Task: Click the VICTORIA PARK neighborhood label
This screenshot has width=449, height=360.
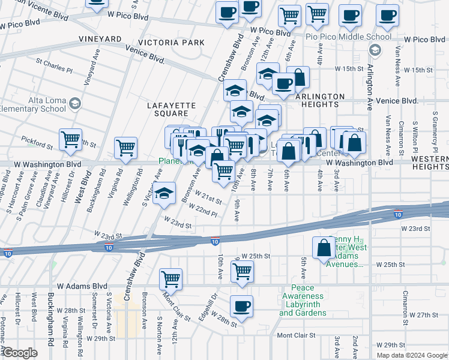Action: click(171, 43)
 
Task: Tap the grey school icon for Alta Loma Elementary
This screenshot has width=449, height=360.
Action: click(75, 104)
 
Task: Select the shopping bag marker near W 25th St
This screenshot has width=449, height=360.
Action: click(324, 247)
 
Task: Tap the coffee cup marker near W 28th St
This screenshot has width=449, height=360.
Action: click(242, 306)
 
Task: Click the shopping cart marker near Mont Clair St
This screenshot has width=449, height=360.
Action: click(171, 278)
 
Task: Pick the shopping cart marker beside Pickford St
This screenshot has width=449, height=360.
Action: click(71, 139)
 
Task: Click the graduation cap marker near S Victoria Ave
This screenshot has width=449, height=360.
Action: click(163, 193)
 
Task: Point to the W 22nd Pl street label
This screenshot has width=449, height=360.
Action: click(202, 209)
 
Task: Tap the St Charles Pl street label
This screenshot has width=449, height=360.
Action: click(54, 65)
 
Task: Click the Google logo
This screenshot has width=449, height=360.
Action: click(20, 353)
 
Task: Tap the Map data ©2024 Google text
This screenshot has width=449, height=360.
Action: click(411, 355)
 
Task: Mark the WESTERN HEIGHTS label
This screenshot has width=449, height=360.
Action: click(431, 162)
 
